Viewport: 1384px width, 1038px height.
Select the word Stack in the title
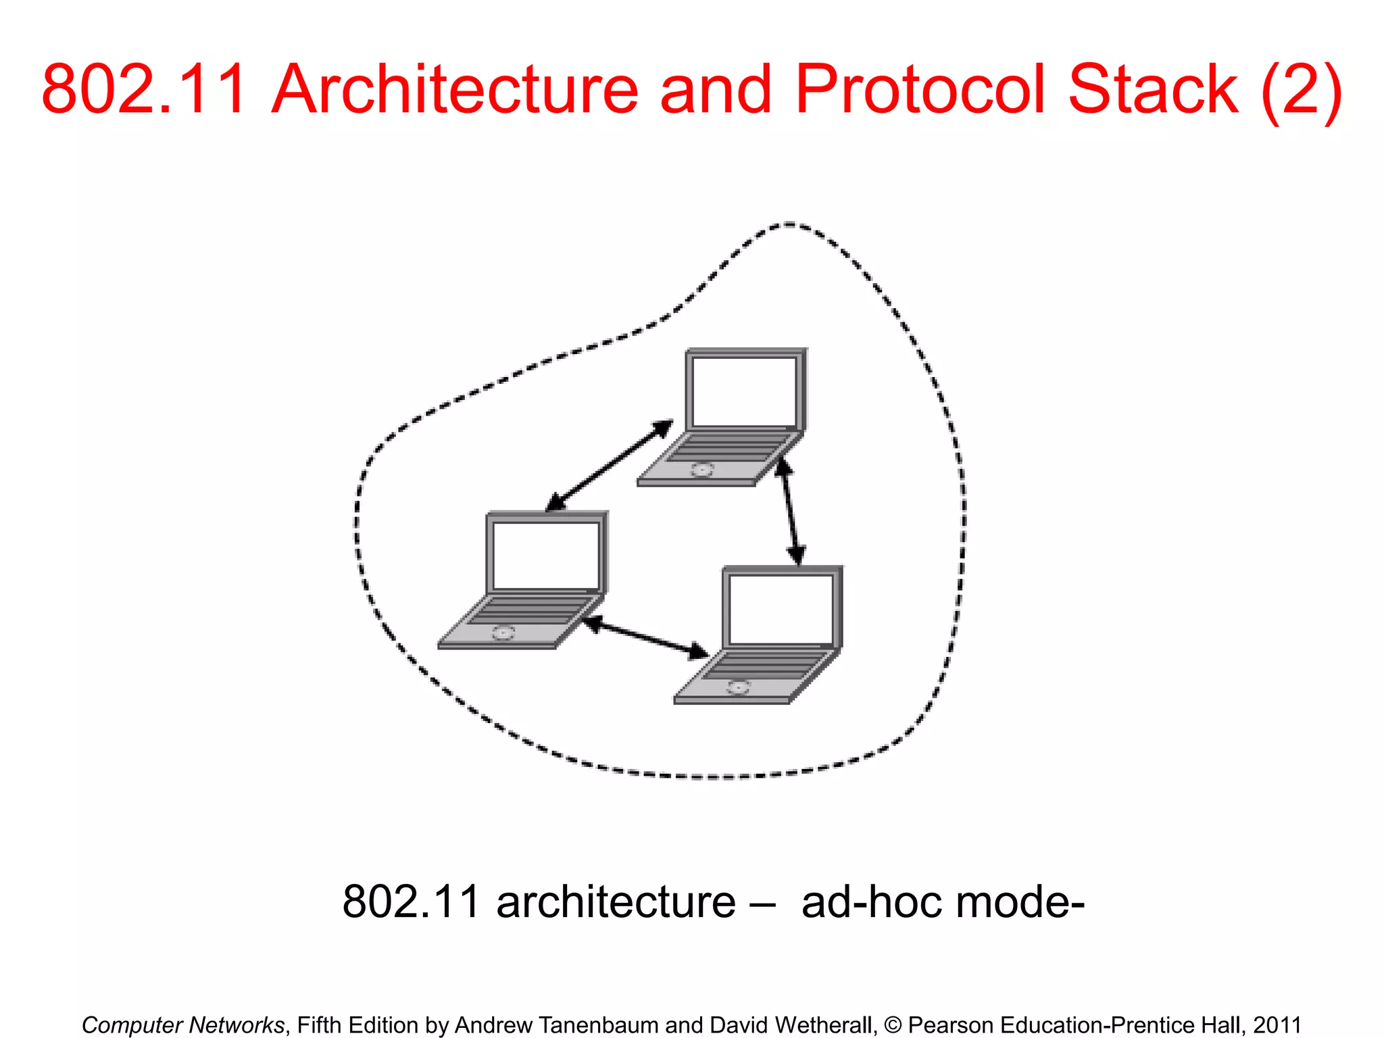click(1153, 89)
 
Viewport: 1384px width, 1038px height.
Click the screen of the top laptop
click(744, 391)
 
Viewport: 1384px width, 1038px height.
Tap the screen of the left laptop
click(546, 555)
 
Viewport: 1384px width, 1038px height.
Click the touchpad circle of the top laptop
click(702, 469)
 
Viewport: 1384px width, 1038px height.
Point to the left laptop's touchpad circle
click(503, 633)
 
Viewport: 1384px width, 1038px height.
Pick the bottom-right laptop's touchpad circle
click(738, 688)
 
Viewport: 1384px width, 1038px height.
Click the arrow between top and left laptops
click(609, 466)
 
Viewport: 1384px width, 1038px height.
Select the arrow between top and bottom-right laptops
click(790, 512)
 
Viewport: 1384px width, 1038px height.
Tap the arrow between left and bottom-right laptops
click(645, 638)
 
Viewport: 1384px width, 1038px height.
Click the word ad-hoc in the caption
click(872, 901)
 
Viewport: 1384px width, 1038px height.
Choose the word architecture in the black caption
click(616, 901)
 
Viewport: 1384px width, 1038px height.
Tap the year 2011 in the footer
click(1277, 1024)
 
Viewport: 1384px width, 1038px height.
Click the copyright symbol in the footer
click(892, 1025)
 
